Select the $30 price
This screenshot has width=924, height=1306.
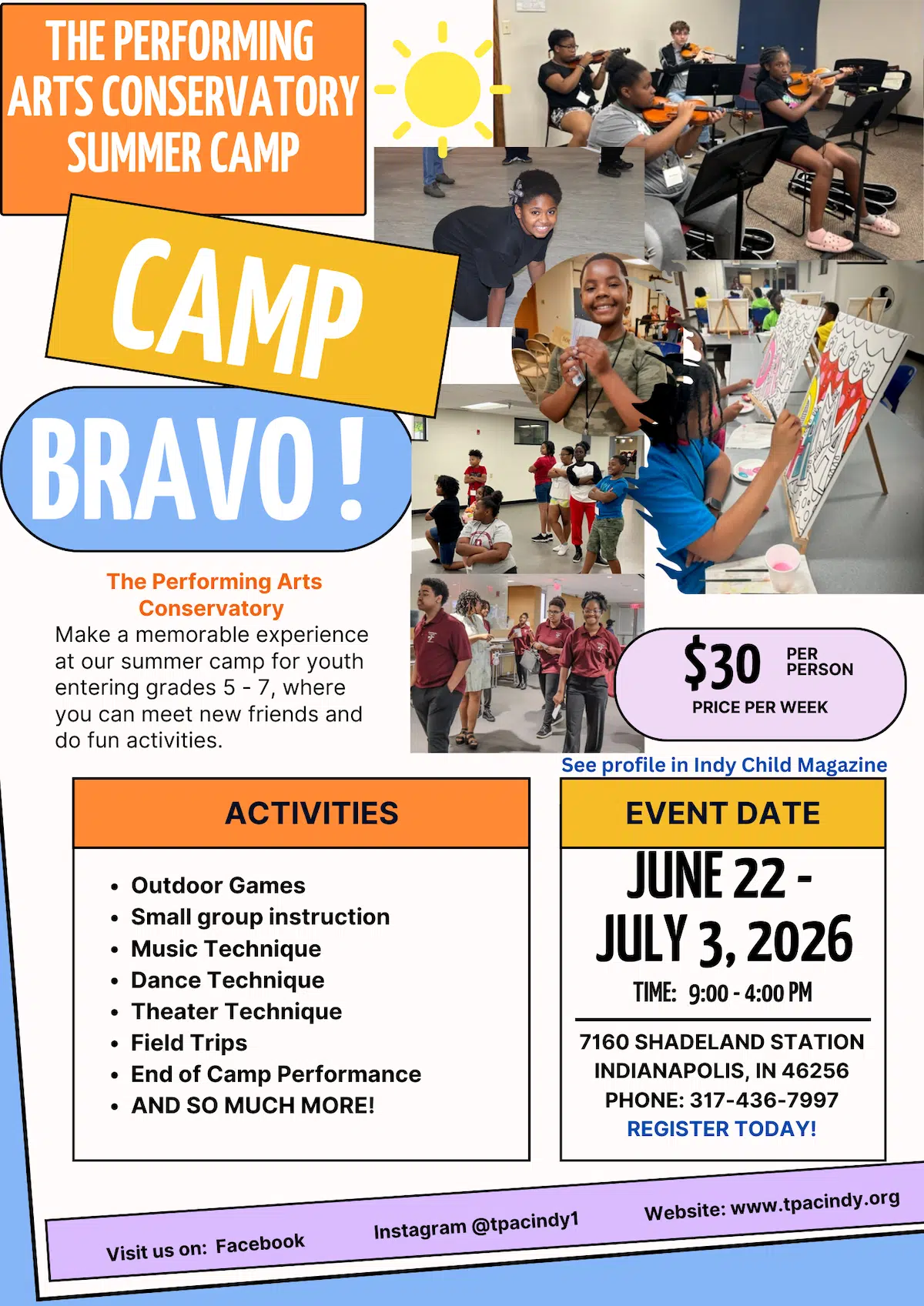pos(721,663)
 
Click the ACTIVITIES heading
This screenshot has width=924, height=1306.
pos(311,813)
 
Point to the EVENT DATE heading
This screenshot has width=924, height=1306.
pos(722,813)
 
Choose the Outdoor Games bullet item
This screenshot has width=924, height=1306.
pos(218,885)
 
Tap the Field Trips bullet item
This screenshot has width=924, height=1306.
pos(189,1043)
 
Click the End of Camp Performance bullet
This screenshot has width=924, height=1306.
pos(276,1074)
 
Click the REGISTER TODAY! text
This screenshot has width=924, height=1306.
pos(721,1129)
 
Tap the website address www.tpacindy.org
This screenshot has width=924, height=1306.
pos(815,1203)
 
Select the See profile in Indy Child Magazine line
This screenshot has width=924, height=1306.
pos(724,765)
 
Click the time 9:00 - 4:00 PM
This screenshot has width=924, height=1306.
pos(750,994)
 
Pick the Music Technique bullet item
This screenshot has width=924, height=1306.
pos(226,949)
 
